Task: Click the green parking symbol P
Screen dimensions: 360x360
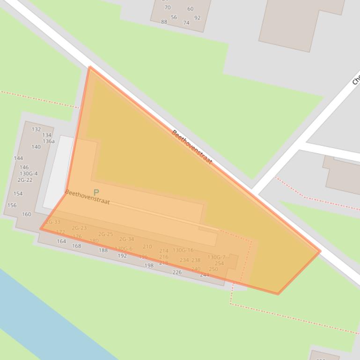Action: click(96, 192)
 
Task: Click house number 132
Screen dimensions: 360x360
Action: click(36, 130)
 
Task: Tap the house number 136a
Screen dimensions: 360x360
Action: click(49, 141)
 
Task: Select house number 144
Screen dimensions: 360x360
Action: click(18, 158)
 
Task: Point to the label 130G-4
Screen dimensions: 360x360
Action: click(29, 173)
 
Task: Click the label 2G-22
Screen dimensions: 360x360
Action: click(25, 180)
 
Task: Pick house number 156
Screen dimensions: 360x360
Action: click(12, 205)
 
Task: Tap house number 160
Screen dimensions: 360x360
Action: click(26, 215)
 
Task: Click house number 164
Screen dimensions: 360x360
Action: click(61, 242)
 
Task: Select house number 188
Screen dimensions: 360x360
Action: click(103, 251)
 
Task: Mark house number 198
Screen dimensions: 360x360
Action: click(149, 266)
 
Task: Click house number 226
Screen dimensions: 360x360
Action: click(177, 273)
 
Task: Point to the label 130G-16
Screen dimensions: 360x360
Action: click(183, 251)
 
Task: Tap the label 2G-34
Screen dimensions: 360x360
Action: click(126, 239)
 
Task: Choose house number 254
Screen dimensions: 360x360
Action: click(219, 264)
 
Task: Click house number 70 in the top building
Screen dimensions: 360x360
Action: click(168, 7)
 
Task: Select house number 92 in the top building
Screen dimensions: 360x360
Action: click(197, 18)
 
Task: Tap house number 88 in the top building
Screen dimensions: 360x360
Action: click(164, 22)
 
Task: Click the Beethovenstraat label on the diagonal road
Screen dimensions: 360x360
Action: click(192, 147)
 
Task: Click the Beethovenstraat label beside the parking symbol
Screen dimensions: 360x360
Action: click(88, 197)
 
